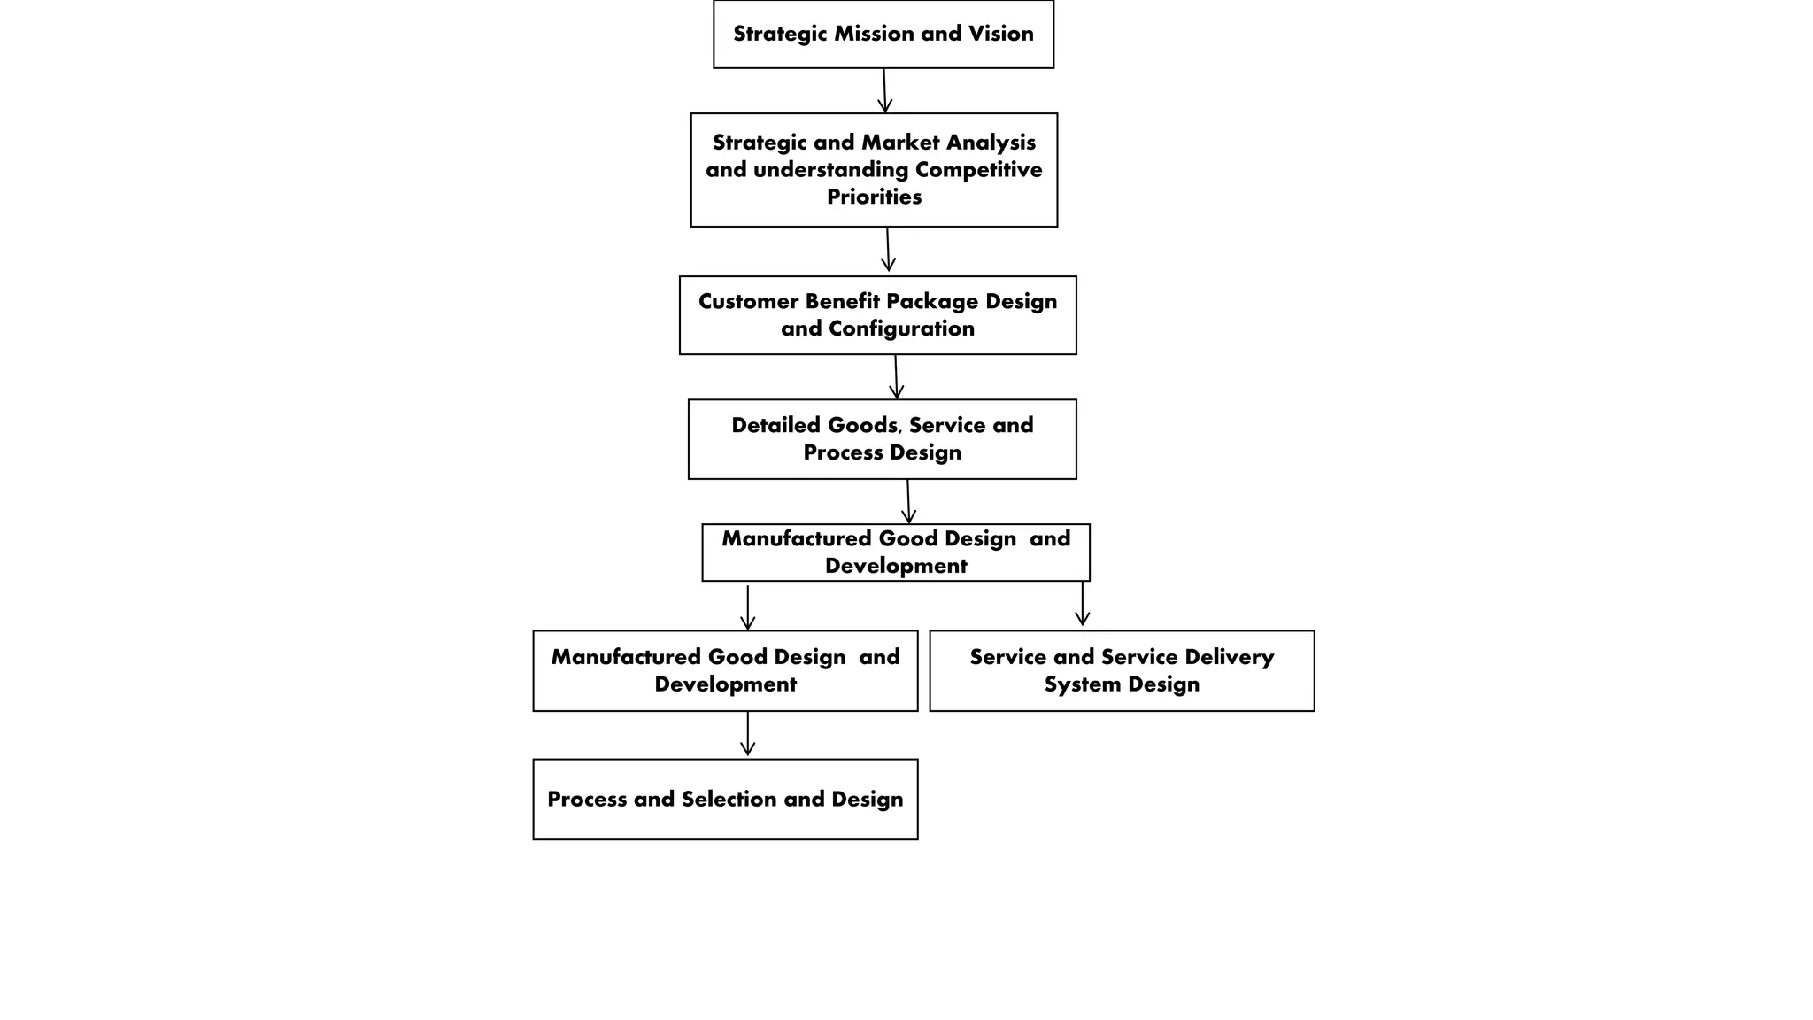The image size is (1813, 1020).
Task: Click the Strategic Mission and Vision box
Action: point(883,34)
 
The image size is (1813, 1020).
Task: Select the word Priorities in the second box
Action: point(874,197)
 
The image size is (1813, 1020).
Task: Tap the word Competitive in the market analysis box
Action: point(978,170)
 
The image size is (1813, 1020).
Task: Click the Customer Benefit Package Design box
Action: point(877,315)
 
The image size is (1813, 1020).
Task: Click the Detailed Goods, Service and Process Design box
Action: point(882,439)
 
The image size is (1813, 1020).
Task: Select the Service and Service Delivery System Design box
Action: point(1122,670)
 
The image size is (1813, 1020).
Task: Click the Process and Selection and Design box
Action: point(725,799)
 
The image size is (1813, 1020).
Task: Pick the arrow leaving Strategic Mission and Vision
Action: point(884,90)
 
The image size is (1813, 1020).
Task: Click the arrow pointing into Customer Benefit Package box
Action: point(888,250)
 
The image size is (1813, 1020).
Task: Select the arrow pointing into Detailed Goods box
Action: point(896,377)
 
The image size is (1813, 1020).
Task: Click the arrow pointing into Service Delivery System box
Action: point(1082,605)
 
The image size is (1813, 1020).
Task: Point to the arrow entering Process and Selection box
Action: point(747,734)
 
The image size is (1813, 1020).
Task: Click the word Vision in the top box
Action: point(1000,34)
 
